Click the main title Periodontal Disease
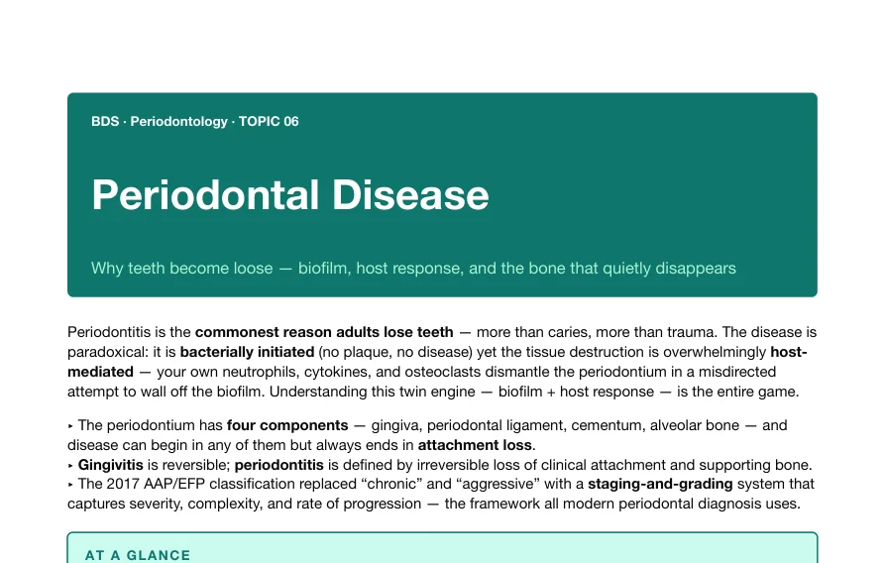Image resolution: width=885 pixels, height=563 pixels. [290, 195]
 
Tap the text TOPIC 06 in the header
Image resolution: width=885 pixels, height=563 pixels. [269, 121]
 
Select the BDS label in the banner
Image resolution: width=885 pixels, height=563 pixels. [105, 121]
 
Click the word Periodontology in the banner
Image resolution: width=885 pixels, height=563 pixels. [179, 122]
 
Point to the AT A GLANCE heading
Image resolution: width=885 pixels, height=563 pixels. [138, 555]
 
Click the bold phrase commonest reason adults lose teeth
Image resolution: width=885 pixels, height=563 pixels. [324, 332]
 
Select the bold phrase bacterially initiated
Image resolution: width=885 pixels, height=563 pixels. [247, 352]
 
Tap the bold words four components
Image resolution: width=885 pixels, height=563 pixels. [287, 425]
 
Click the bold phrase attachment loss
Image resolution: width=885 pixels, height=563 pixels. [475, 445]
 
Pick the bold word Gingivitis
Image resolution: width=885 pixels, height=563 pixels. [111, 465]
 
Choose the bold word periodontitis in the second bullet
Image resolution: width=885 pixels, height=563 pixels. [278, 465]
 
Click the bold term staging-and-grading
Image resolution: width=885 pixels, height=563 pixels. [660, 484]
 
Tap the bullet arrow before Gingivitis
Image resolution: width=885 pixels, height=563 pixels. [70, 466]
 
